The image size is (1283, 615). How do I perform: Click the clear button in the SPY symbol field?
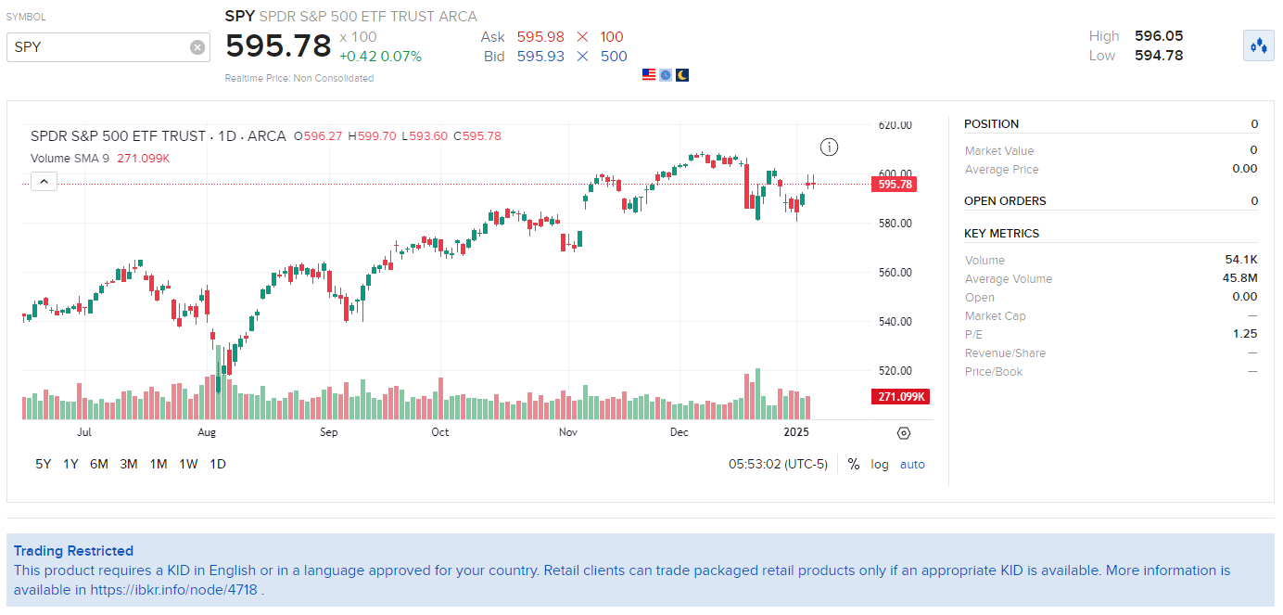point(197,47)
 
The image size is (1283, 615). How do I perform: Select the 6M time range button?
point(98,464)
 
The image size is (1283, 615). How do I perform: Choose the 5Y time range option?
point(44,464)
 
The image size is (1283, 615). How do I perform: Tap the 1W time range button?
point(188,464)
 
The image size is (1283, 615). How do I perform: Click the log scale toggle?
point(880,464)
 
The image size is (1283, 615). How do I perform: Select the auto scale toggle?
point(912,464)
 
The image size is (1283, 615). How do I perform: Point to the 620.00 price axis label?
point(895,125)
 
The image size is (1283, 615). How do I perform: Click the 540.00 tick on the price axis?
point(895,322)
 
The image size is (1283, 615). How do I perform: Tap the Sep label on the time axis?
point(329,432)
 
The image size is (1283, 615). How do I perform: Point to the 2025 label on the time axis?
point(796,432)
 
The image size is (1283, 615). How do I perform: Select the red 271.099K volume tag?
point(900,397)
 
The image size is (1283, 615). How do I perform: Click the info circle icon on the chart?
point(829,147)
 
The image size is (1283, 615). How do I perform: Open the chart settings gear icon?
point(904,433)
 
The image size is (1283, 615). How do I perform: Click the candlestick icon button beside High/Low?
point(1258,45)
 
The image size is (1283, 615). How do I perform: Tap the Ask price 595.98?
point(540,37)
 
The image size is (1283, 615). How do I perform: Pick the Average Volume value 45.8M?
point(1239,279)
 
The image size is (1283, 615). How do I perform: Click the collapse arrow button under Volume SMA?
point(44,181)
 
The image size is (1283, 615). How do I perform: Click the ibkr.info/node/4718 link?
point(173,589)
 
